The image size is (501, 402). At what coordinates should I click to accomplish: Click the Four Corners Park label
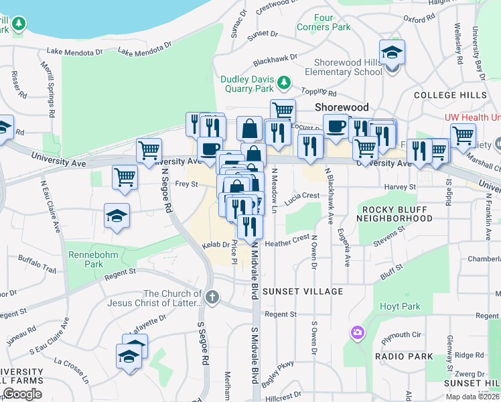tap(324, 22)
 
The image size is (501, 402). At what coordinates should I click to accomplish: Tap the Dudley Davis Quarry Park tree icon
tap(285, 82)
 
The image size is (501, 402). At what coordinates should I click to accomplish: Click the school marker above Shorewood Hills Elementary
tap(392, 52)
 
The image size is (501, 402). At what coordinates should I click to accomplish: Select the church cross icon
tap(212, 297)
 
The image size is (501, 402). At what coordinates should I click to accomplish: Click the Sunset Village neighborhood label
tap(303, 291)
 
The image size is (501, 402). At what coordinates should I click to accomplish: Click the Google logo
tap(22, 394)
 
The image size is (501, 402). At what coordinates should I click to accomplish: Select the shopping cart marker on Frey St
tap(124, 178)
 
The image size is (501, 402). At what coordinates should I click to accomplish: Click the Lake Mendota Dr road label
tap(75, 52)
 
